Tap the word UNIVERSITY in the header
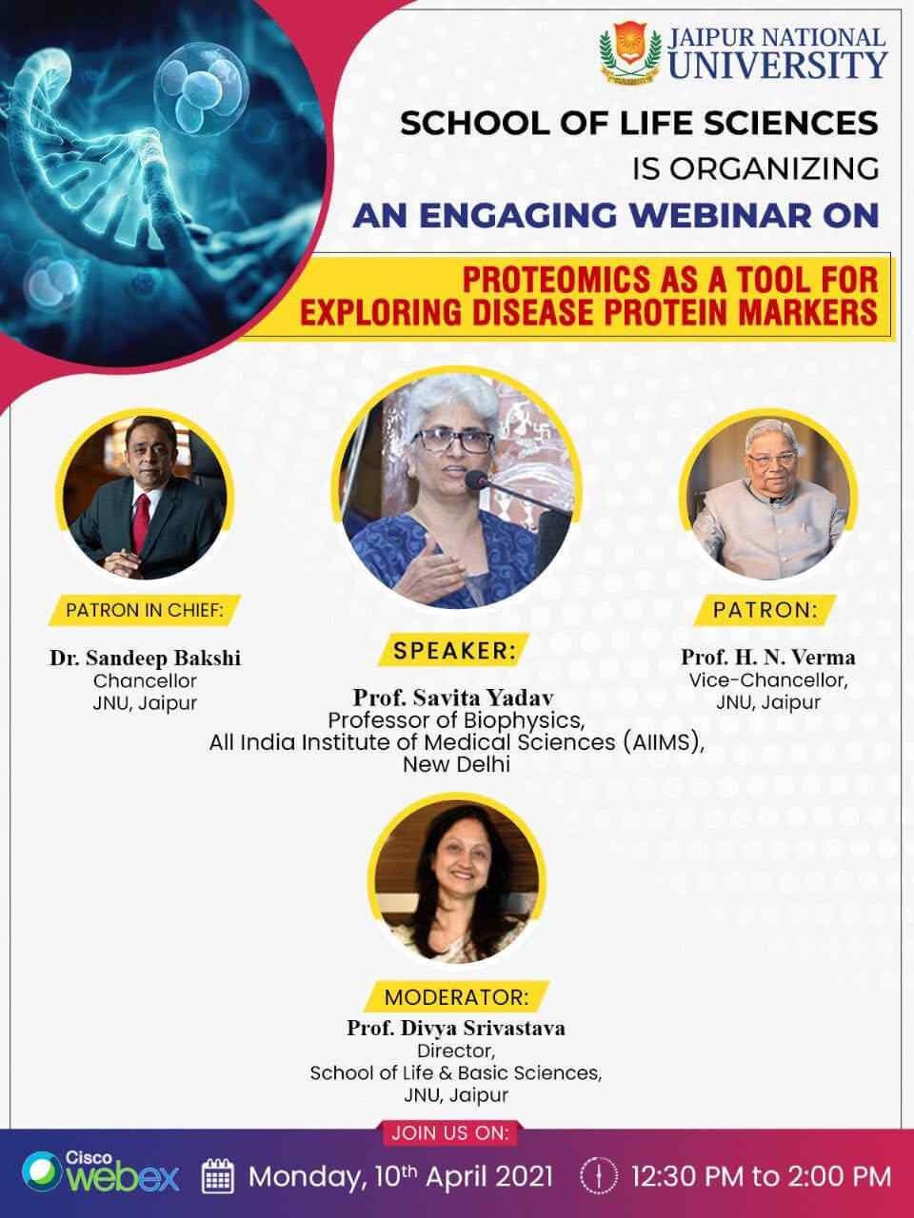click(777, 65)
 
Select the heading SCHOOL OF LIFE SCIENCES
click(639, 123)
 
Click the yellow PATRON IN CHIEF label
click(145, 610)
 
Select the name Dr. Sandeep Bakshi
click(145, 658)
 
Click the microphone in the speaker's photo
click(480, 481)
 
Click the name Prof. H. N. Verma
click(767, 657)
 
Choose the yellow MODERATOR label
click(455, 997)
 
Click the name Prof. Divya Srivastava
click(456, 1028)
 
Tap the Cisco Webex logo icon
click(40, 1173)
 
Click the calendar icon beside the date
click(219, 1176)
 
